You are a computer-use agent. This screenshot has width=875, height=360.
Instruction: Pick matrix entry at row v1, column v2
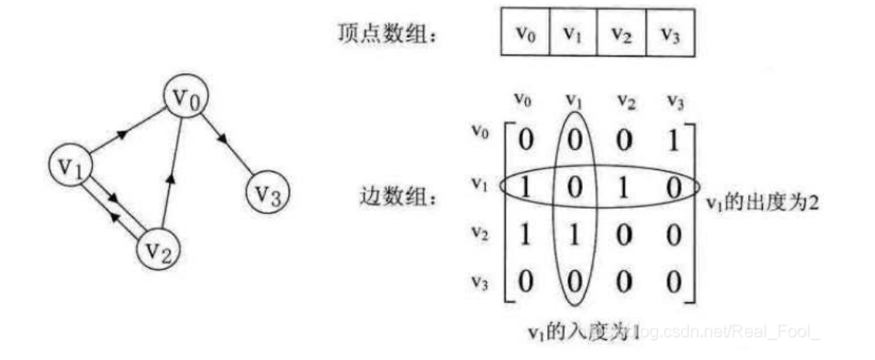tap(622, 188)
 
